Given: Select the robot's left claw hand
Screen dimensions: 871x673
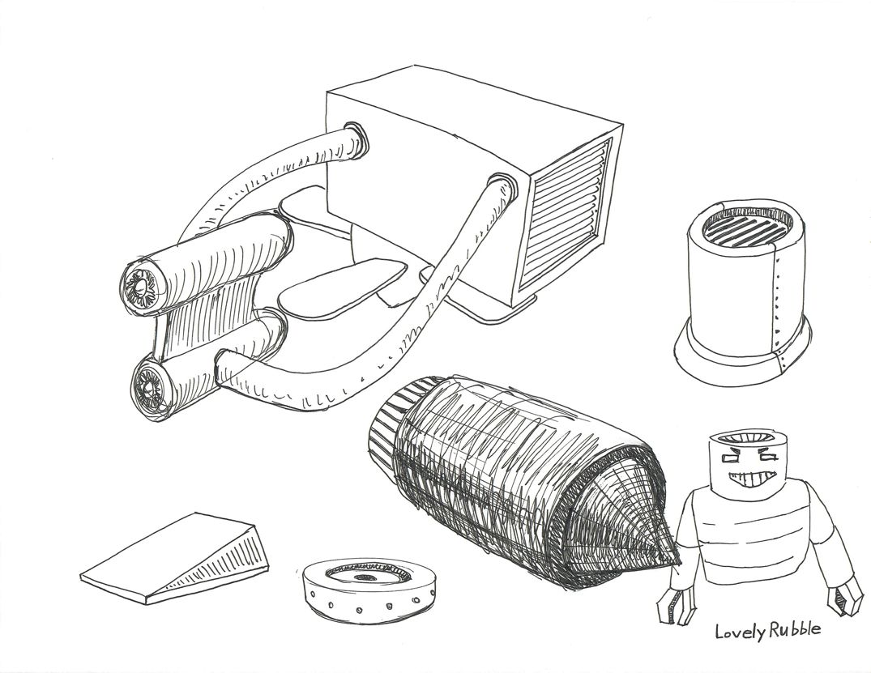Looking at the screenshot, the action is point(669,604).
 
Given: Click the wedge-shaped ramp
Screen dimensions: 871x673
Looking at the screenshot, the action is point(175,558).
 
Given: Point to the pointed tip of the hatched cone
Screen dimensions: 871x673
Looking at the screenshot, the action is point(680,564).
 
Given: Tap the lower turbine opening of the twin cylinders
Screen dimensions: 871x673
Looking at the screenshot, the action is point(150,386).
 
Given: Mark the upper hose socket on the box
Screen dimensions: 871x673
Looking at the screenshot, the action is point(355,138).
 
